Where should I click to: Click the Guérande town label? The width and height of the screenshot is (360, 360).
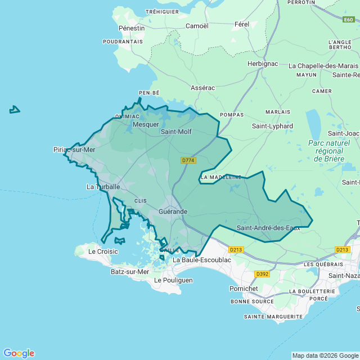pos(173,211)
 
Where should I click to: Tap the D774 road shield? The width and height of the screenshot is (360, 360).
pos(188,160)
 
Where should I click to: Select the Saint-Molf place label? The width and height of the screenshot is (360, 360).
pos(176,132)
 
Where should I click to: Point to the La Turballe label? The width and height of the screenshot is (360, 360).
pos(103,186)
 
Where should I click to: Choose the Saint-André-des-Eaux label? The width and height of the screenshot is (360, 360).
pos(268,228)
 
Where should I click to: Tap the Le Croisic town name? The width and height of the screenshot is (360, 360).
pos(103,251)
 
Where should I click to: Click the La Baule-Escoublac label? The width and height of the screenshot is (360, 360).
pos(202,260)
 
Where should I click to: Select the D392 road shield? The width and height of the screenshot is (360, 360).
pos(262,274)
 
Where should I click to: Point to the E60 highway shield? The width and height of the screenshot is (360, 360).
pos(348,20)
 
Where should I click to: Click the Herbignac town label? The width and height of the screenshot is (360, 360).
pos(263,64)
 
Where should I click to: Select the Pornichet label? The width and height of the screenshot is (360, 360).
pos(244,289)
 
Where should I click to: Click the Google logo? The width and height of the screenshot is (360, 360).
pos(19,353)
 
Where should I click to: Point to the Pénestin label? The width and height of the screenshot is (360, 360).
pos(132,28)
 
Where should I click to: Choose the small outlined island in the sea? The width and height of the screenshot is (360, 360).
pos(15,110)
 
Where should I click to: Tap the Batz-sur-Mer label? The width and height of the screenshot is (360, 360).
pos(130,272)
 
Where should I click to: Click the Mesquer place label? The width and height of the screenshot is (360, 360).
pos(146,124)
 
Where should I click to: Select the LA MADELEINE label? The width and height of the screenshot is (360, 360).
pos(221,177)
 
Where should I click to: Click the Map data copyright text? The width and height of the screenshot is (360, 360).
pos(325,355)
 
